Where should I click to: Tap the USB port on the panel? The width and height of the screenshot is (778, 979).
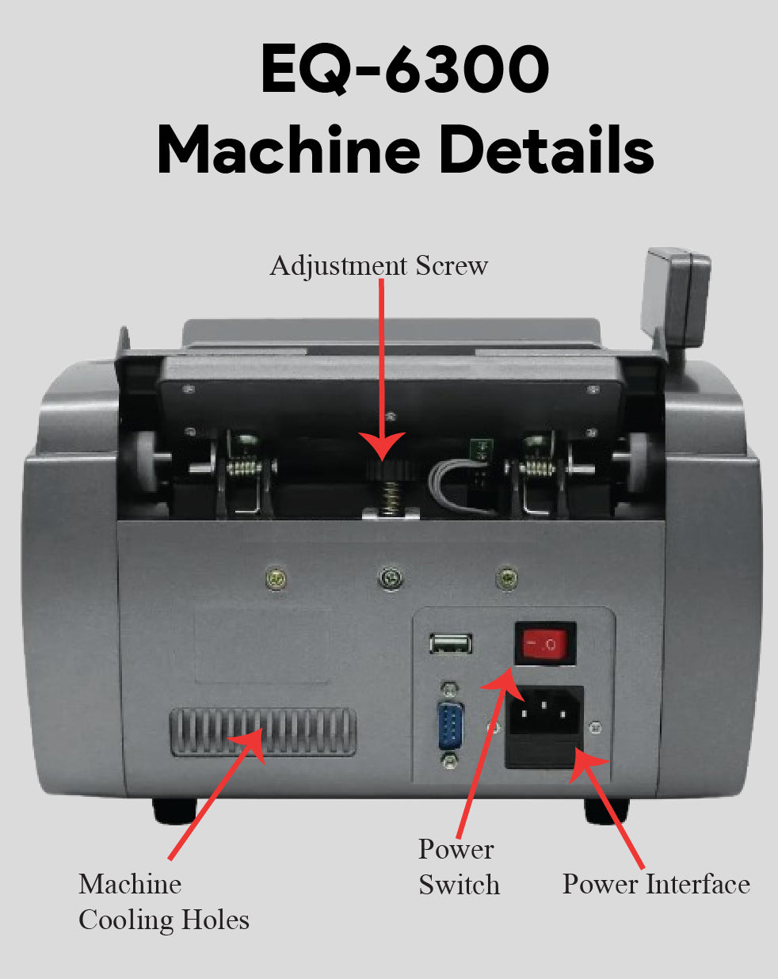[x=452, y=642]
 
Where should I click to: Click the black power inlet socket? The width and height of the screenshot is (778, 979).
[x=545, y=712]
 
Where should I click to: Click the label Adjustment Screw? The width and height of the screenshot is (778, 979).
[x=379, y=265]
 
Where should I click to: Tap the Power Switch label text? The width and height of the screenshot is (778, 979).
[x=458, y=867]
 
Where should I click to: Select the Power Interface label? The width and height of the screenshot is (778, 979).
[x=655, y=884]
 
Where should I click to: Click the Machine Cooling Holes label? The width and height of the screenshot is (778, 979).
[x=163, y=901]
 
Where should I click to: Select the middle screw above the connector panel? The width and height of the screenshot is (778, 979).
[x=389, y=579]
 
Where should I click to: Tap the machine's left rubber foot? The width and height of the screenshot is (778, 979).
[x=174, y=809]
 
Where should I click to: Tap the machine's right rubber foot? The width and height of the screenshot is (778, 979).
[x=606, y=809]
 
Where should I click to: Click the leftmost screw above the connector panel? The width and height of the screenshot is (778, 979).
[x=275, y=579]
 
